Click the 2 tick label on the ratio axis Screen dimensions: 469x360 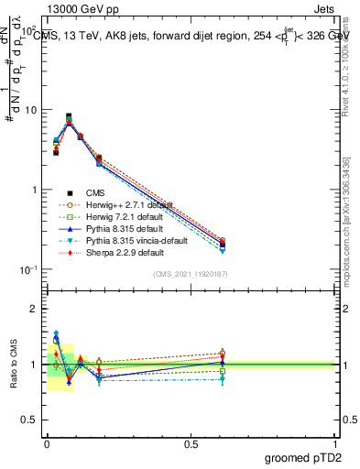(34, 309)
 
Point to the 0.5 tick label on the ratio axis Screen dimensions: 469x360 (30, 420)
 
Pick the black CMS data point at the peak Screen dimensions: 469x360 (69, 116)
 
